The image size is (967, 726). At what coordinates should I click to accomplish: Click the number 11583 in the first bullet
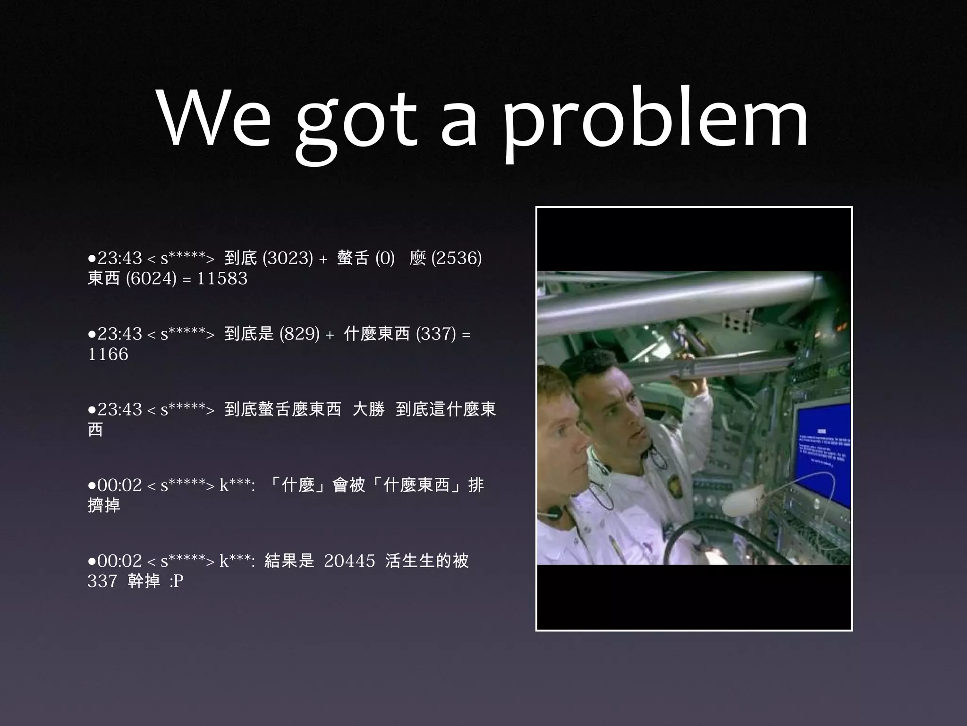(222, 278)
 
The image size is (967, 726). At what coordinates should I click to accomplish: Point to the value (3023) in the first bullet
(288, 258)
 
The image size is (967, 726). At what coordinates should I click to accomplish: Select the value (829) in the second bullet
(299, 334)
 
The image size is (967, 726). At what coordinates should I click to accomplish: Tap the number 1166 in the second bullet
(108, 354)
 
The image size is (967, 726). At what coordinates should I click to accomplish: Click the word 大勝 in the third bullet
(368, 409)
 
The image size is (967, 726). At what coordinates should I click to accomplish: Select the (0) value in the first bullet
(385, 258)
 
